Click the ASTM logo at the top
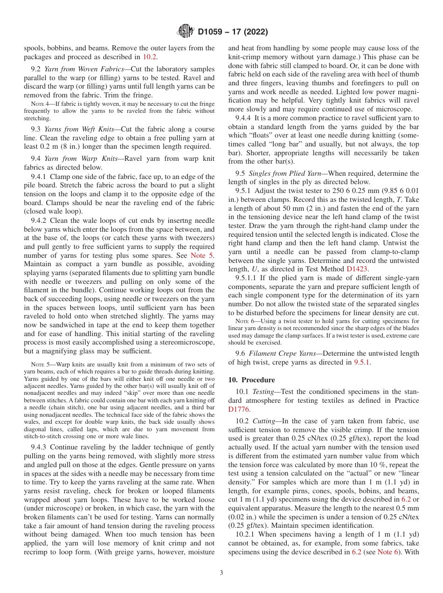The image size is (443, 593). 186,32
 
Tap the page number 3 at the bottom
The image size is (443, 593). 221,573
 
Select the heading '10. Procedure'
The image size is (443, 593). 251,380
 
